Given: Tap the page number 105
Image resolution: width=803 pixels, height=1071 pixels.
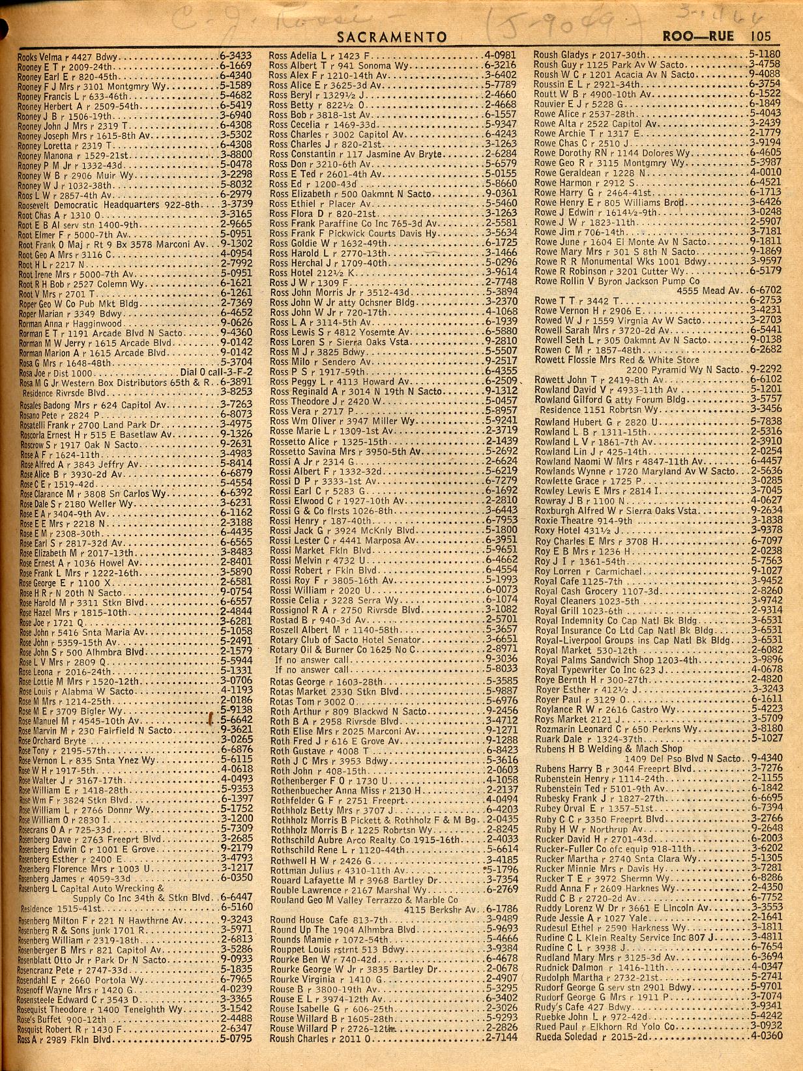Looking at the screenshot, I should (760, 36).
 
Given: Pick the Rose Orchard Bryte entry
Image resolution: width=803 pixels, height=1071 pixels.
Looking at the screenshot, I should (52, 741).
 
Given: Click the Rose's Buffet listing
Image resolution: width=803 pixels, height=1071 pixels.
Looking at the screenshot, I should (63, 1019).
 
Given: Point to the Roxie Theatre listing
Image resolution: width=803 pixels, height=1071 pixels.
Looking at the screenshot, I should (583, 521).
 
